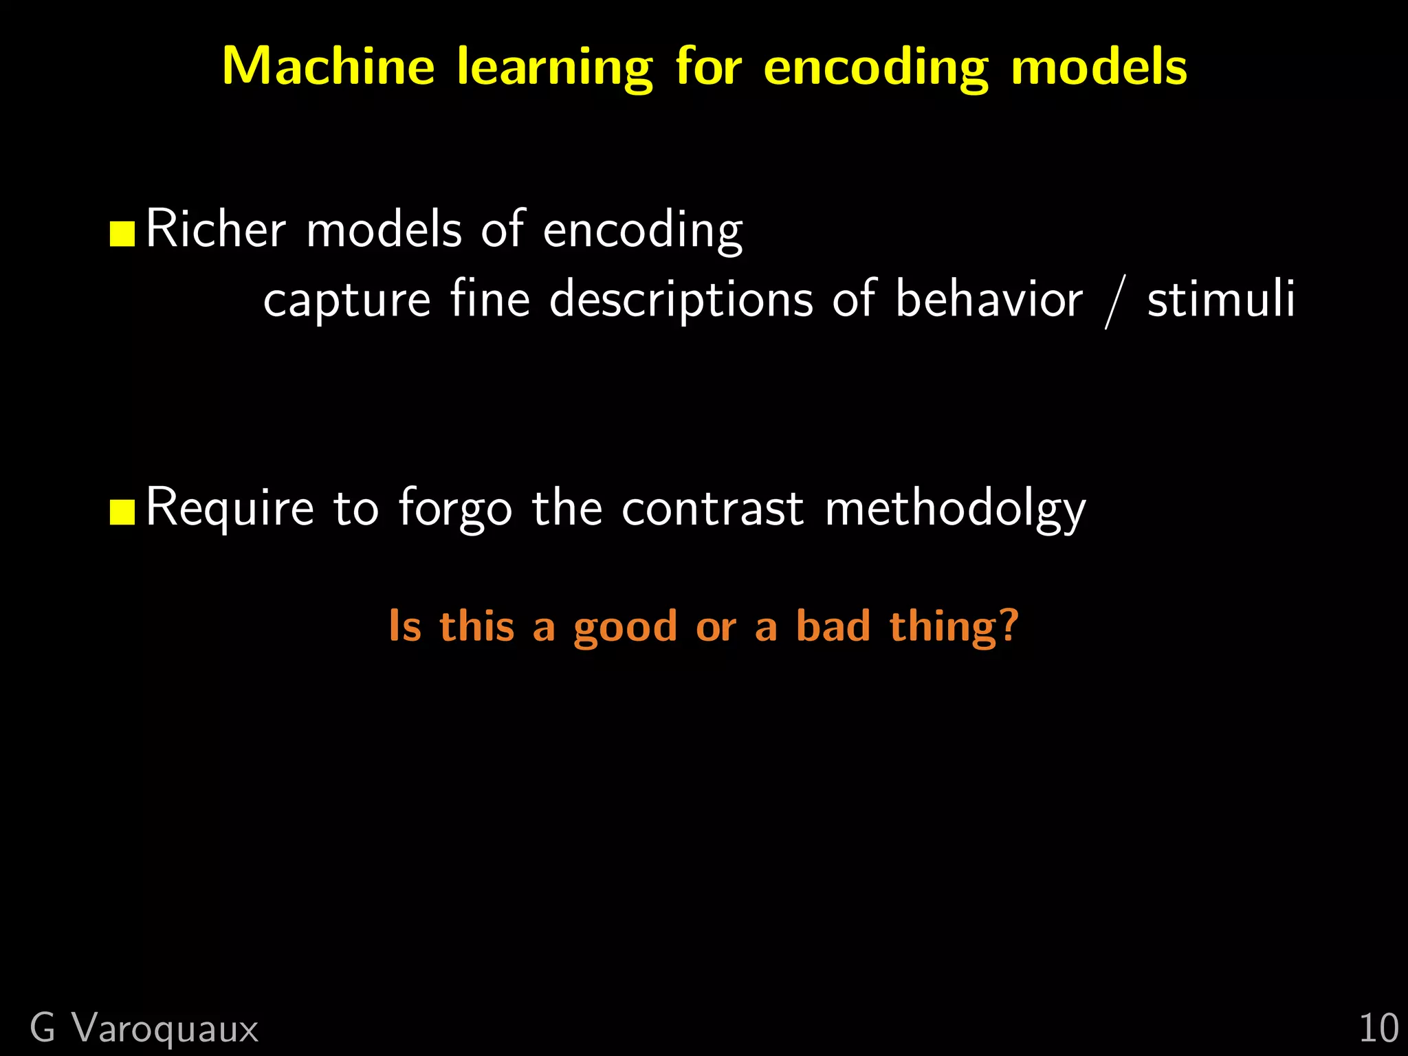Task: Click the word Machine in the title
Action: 328,67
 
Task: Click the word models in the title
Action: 1099,67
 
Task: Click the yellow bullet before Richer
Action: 122,234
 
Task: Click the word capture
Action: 346,300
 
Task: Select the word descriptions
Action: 681,300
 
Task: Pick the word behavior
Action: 989,299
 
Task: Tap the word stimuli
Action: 1221,299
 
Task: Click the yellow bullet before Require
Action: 122,512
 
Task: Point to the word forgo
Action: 455,509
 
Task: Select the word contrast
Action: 712,509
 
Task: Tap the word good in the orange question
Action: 626,627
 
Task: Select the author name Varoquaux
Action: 166,1029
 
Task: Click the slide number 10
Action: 1378,1029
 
